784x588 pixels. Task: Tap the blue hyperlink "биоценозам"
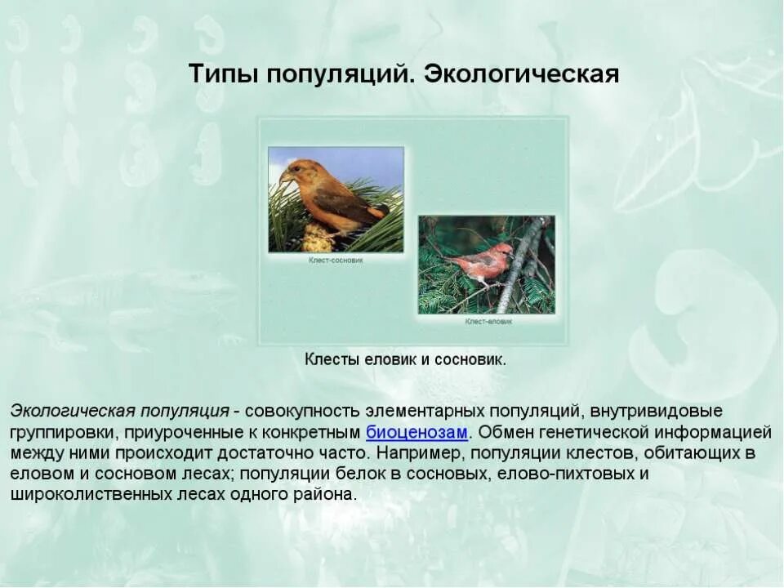416,431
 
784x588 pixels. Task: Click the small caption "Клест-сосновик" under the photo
336,260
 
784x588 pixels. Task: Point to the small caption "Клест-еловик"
488,322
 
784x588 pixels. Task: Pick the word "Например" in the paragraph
413,452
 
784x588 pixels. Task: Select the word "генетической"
601,431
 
